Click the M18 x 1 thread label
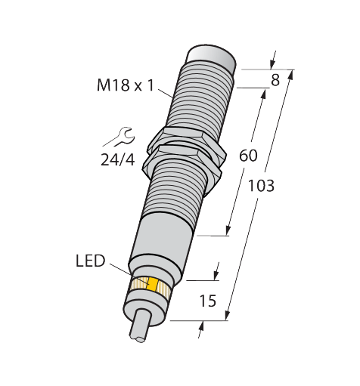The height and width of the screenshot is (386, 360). (126, 85)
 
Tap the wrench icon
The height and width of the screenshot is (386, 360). (119, 137)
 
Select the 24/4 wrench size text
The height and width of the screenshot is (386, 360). (118, 159)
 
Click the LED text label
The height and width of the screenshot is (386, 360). (90, 261)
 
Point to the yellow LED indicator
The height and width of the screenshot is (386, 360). (153, 285)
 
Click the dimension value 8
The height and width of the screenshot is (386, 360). (275, 80)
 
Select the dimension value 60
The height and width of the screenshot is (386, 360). (248, 156)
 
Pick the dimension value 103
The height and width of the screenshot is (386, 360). (261, 186)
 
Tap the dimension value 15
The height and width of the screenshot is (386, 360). (208, 301)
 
